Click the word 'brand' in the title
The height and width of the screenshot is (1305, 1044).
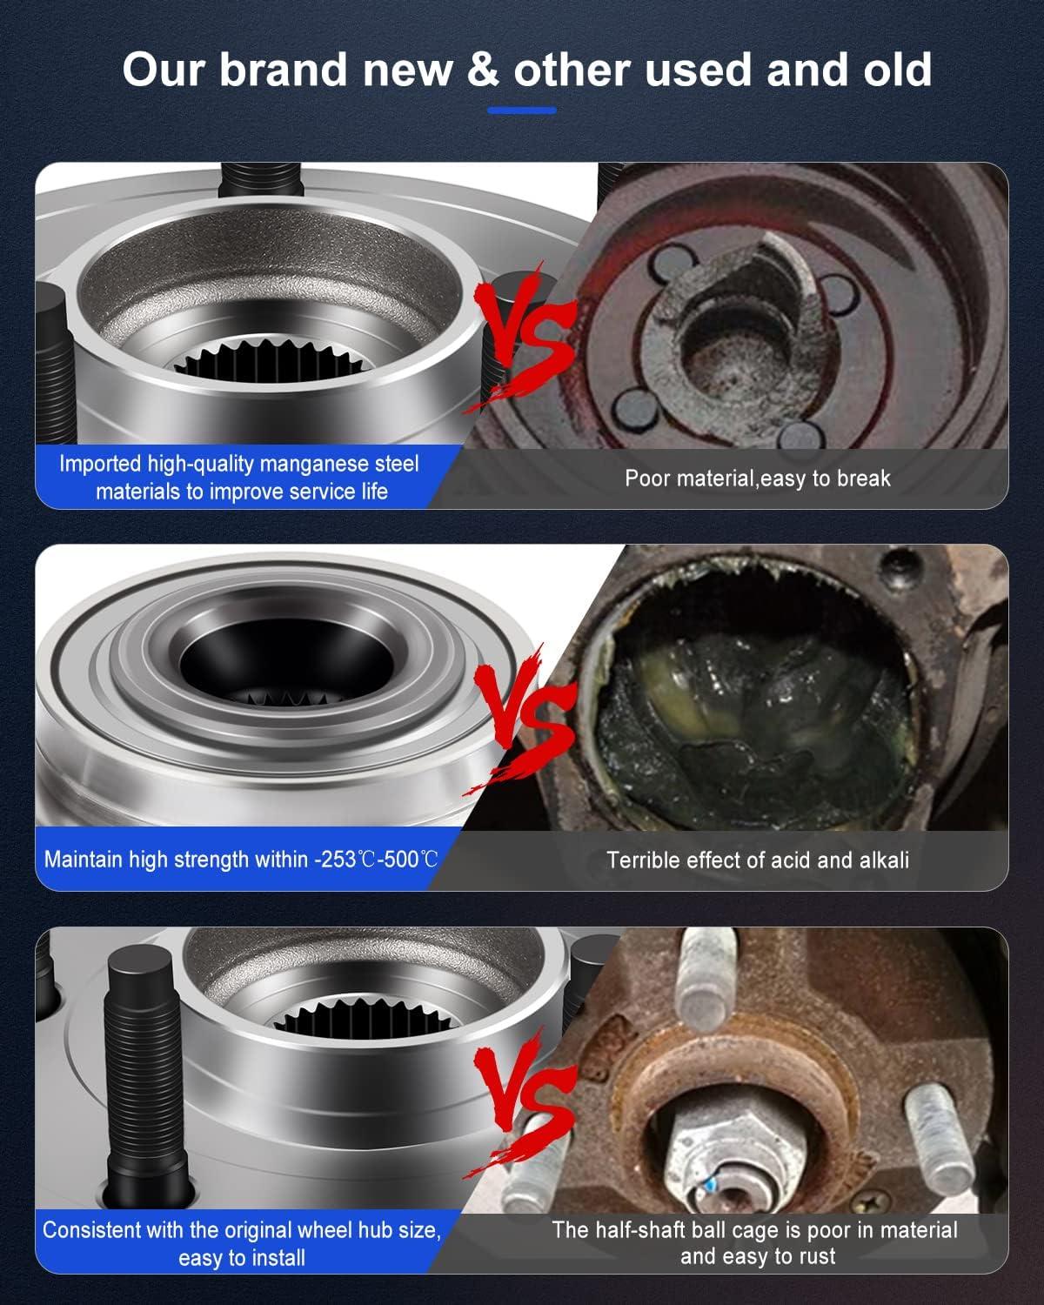[x=283, y=70]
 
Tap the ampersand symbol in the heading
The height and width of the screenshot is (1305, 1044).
[x=483, y=70]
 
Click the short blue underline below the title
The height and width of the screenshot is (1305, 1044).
[x=521, y=110]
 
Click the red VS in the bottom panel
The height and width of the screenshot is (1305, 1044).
[x=522, y=1101]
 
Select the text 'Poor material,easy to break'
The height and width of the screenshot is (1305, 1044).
[x=757, y=478]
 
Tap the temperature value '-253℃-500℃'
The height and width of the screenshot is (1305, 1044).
[x=376, y=860]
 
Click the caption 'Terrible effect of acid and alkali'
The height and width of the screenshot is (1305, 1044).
[x=757, y=860]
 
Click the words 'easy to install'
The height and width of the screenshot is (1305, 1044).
[x=242, y=1257]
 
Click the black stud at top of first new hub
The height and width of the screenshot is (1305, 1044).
[x=258, y=183]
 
